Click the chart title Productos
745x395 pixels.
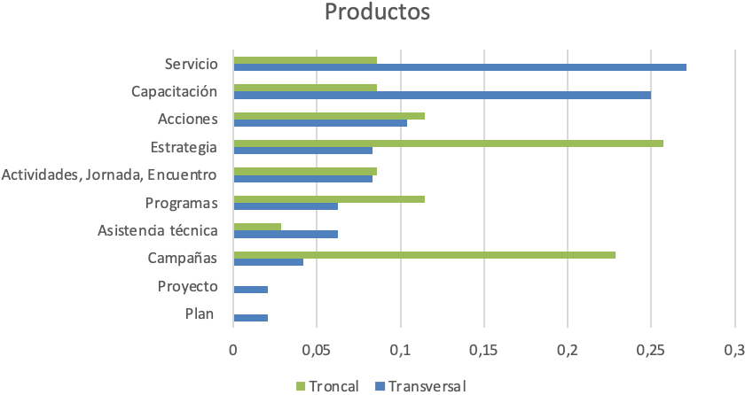click(x=377, y=13)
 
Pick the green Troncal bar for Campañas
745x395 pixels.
click(x=424, y=254)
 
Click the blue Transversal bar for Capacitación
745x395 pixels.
click(x=442, y=95)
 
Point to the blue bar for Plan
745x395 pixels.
click(x=250, y=317)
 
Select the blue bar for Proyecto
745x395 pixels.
click(x=250, y=290)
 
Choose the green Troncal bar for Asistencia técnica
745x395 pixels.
click(x=257, y=227)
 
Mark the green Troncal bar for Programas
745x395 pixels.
click(x=329, y=198)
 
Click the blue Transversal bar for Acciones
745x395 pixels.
click(x=320, y=123)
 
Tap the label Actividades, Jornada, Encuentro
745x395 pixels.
click(x=110, y=174)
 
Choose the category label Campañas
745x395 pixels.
click(x=182, y=259)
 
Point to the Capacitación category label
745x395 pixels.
click(x=174, y=91)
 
